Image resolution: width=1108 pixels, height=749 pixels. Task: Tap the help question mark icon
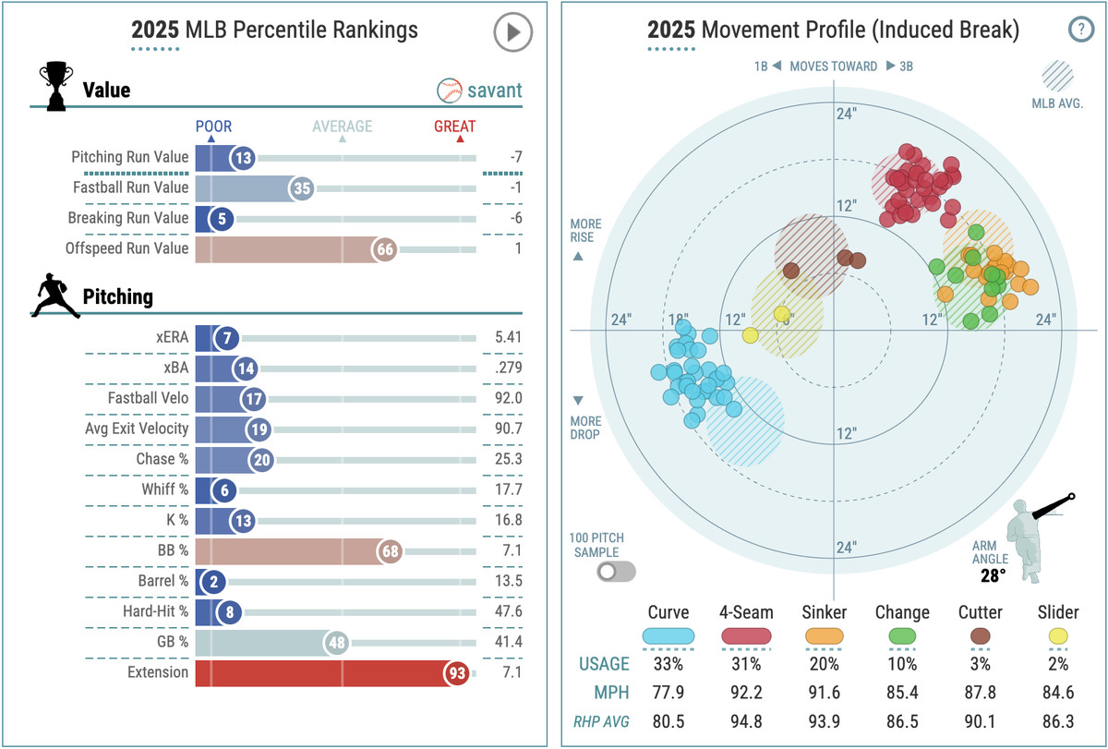[1080, 30]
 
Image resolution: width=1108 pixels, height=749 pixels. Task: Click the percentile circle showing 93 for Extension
[456, 672]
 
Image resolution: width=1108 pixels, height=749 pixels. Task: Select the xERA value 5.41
[507, 337]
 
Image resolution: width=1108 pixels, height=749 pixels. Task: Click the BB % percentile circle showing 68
[391, 551]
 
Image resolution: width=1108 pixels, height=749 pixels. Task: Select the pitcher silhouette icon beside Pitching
[56, 296]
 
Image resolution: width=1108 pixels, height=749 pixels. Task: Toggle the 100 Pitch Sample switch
[616, 571]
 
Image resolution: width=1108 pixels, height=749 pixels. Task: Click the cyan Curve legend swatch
[668, 635]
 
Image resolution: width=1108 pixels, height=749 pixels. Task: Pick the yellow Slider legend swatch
[1058, 635]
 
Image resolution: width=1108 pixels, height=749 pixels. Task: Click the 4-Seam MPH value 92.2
[746, 694]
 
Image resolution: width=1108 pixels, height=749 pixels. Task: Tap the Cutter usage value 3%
[981, 663]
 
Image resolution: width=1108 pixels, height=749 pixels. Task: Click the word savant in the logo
[494, 91]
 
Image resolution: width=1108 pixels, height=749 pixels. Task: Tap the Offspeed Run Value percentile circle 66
[385, 248]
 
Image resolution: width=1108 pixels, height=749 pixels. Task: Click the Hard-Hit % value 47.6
[507, 611]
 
